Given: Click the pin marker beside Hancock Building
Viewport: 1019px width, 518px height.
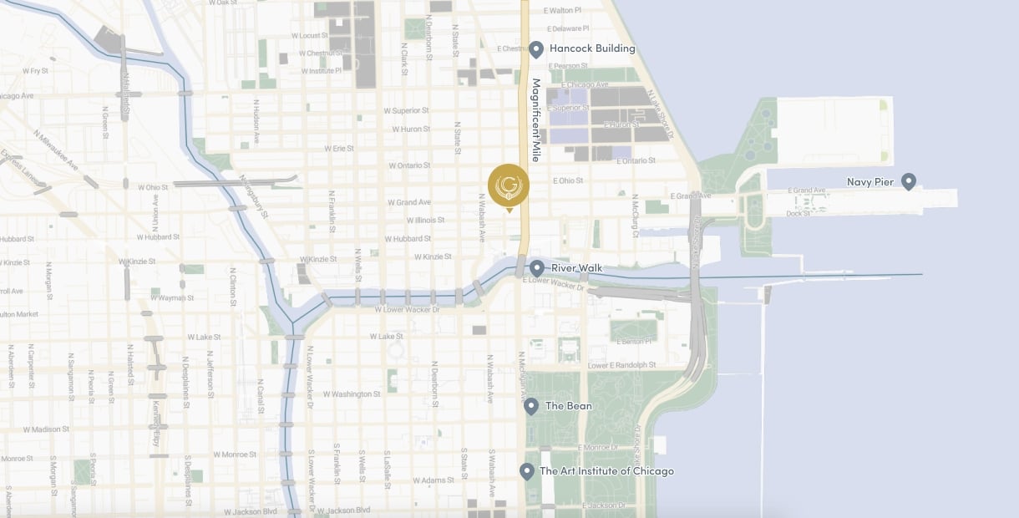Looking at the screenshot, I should (536, 49).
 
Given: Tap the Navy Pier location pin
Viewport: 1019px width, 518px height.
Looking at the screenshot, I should (909, 181).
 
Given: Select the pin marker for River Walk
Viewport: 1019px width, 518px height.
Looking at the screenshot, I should (537, 268).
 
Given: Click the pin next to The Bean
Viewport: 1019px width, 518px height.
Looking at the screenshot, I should (530, 406).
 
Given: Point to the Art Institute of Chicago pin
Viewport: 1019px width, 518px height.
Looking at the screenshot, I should (527, 471).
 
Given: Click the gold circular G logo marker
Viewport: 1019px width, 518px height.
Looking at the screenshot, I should (509, 185).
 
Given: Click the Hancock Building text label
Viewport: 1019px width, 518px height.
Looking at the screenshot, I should (592, 48).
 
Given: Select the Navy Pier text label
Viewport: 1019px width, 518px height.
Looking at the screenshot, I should (870, 181).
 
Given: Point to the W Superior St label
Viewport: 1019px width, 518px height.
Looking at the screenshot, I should (406, 110).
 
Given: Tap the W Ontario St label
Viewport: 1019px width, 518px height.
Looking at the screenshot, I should (408, 165).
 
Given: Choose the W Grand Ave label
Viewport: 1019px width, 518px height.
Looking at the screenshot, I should (409, 202).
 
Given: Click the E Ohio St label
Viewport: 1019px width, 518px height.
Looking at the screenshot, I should (569, 180).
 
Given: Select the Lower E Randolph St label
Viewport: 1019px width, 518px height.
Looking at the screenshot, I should (622, 365).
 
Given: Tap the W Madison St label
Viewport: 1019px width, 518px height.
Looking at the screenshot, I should (46, 429).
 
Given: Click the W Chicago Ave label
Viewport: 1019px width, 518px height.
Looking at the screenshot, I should (15, 96).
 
